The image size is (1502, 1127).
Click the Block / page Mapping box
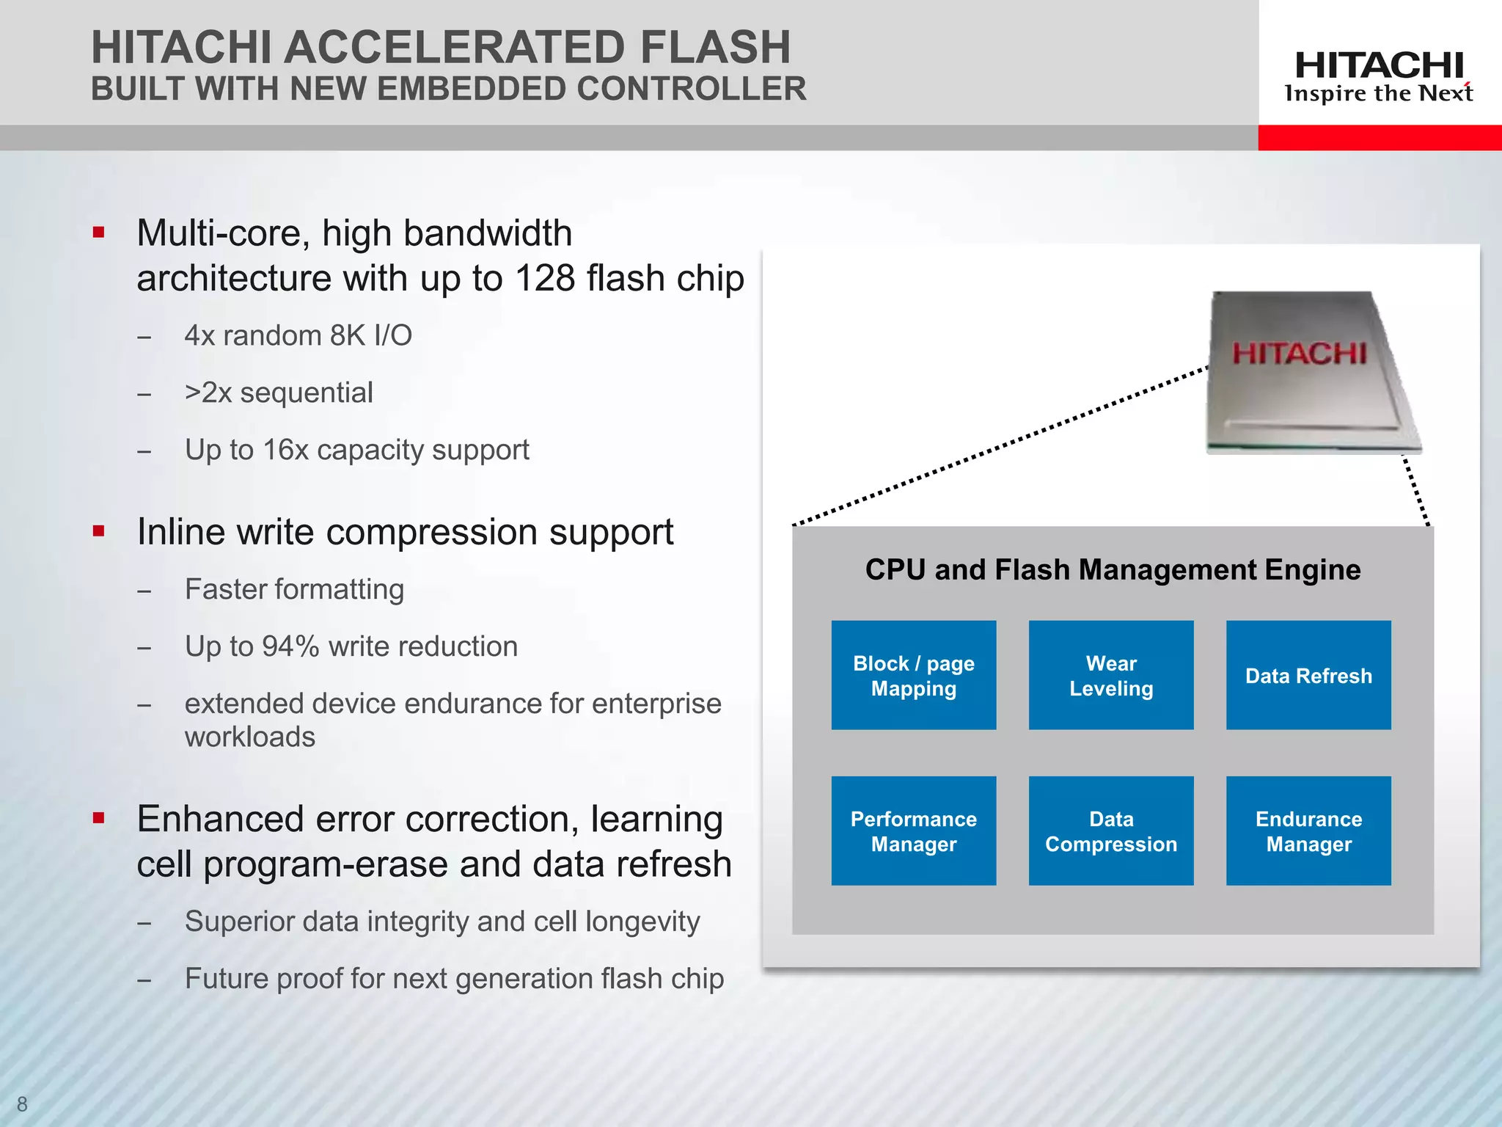pos(913,675)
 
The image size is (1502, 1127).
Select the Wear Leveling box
pos(1110,675)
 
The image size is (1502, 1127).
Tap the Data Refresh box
pos(1308,675)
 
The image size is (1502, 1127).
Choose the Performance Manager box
pos(913,831)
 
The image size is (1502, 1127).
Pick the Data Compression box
pos(1110,831)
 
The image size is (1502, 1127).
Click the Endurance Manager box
pos(1308,831)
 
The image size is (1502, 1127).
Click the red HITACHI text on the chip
pos(1299,354)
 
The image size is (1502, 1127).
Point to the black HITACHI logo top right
pos(1379,66)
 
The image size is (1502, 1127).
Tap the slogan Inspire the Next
pos(1378,94)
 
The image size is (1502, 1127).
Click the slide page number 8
pos(22,1104)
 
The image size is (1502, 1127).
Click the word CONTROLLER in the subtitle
pos(691,90)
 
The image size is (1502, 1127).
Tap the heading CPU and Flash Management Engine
pos(1112,570)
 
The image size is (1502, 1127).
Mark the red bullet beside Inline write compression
pos(99,531)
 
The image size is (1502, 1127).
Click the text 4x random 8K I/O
pos(298,336)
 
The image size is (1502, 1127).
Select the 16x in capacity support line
pos(285,450)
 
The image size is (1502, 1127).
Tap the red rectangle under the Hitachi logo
pos(1379,138)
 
